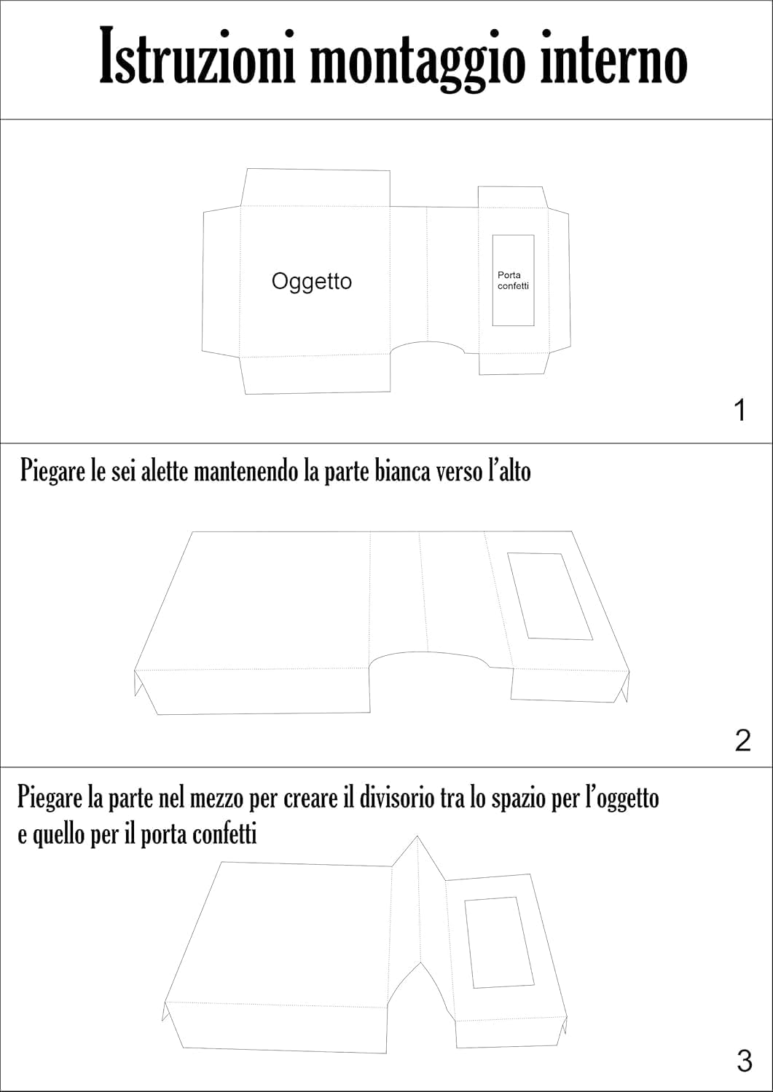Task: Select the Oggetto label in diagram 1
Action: point(311,282)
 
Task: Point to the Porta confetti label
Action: point(513,280)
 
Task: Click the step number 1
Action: point(740,411)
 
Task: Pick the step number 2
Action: point(742,740)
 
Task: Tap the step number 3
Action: point(744,1061)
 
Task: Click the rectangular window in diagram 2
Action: point(549,596)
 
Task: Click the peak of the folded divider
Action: point(417,838)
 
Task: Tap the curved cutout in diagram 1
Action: point(428,349)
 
